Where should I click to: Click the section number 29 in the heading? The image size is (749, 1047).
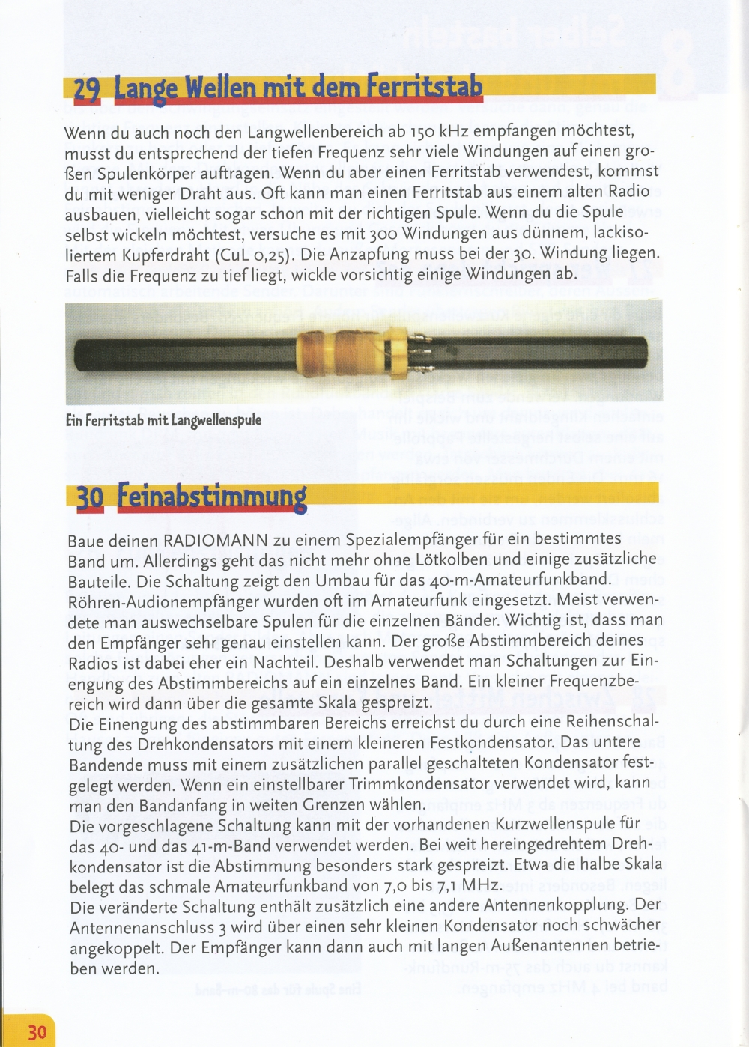87,90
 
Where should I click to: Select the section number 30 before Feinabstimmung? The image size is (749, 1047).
90,498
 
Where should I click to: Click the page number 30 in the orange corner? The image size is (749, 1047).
37,1033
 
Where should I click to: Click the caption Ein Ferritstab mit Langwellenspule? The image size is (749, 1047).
163,420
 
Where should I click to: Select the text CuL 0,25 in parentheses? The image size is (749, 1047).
254,255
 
